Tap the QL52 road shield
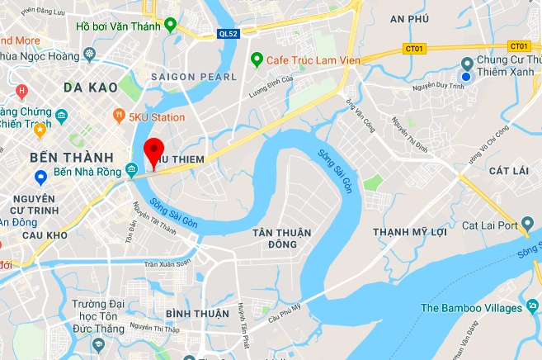click(x=229, y=35)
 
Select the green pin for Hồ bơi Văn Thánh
click(x=170, y=25)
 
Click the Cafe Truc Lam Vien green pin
click(x=257, y=59)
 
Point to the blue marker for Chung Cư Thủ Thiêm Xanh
click(x=466, y=77)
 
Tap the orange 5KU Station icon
click(x=120, y=117)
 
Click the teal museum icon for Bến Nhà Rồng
click(x=132, y=171)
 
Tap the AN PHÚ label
click(x=410, y=19)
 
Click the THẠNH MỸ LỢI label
click(x=410, y=231)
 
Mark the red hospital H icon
click(x=21, y=90)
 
